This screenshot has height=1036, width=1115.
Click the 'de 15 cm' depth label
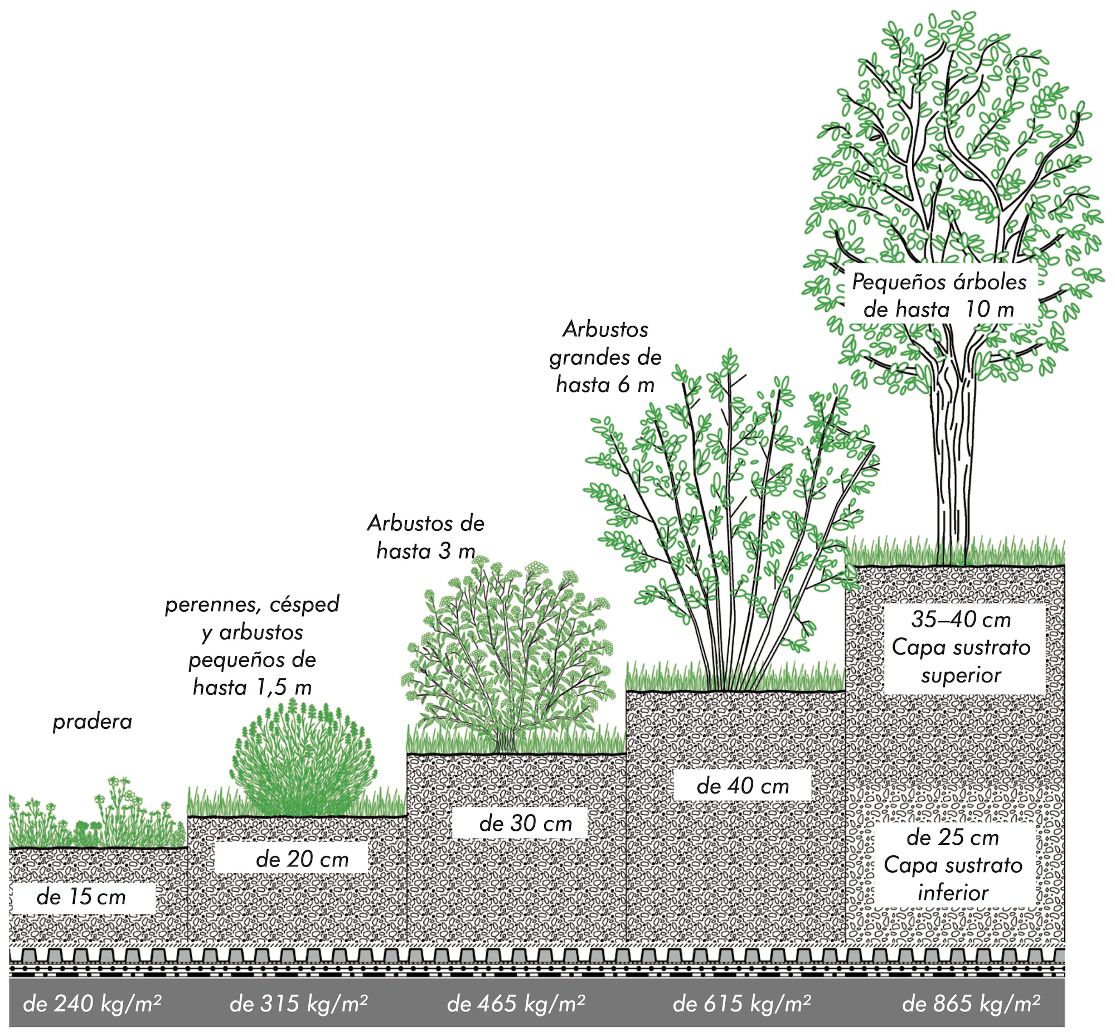(x=81, y=897)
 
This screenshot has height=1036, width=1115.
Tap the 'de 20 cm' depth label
(x=302, y=859)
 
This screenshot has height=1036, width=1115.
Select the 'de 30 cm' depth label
(x=525, y=824)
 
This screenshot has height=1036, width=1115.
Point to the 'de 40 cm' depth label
(x=743, y=786)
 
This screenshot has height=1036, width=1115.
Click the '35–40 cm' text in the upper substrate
(x=961, y=619)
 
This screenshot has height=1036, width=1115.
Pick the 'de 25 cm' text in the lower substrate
(x=952, y=837)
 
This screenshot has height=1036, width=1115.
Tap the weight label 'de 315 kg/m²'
(x=299, y=1003)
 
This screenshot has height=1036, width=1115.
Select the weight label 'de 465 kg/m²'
(x=516, y=1003)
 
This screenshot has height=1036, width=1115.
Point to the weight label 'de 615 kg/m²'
(x=741, y=1003)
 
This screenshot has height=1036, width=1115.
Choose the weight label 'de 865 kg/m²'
(x=971, y=1003)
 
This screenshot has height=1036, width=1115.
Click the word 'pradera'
(x=93, y=722)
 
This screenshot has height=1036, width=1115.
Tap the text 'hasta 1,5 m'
(x=252, y=688)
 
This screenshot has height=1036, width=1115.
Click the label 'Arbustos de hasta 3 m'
(x=426, y=537)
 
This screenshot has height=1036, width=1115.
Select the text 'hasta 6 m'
(x=605, y=385)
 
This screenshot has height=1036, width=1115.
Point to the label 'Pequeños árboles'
(x=939, y=282)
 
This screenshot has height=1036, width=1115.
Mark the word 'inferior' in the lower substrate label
(x=953, y=893)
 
